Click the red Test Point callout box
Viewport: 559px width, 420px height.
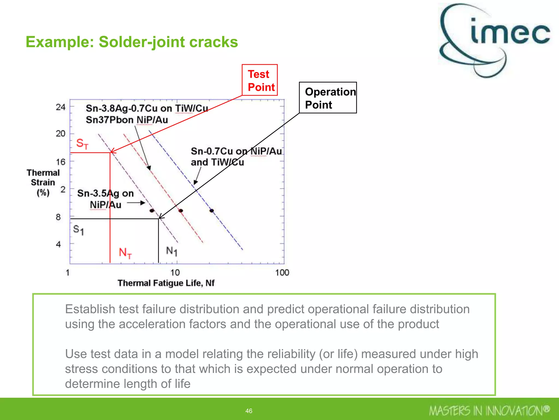260,80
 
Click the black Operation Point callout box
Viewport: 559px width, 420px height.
328,98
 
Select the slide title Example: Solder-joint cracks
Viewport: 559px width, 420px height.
132,42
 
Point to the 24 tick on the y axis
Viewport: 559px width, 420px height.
61,107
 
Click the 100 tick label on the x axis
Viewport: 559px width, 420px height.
282,272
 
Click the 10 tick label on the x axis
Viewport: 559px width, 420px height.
175,272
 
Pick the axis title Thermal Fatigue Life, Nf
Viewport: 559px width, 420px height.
166,283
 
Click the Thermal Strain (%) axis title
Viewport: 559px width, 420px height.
43,182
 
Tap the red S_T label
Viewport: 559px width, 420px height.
82,144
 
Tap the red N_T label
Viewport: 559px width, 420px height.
125,253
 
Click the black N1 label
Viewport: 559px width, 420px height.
172,251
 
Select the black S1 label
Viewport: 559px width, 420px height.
78,230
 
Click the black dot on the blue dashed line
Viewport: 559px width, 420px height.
212,211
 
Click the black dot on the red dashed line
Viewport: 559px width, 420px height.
181,211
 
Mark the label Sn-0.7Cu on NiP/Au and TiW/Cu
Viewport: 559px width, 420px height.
236,157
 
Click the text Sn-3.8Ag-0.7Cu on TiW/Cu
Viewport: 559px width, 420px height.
147,108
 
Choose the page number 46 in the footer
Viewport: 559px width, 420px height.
249,411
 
